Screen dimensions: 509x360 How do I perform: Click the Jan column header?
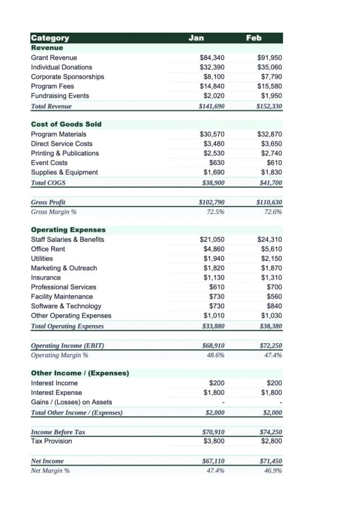pyautogui.click(x=196, y=38)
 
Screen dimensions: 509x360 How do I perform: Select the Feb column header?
pyautogui.click(x=254, y=38)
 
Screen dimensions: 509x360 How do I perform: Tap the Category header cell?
pyautogui.click(x=51, y=38)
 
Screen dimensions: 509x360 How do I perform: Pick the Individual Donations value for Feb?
pyautogui.click(x=269, y=67)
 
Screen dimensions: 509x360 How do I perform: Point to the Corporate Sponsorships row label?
pyautogui.click(x=67, y=76)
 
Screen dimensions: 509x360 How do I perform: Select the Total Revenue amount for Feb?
pyautogui.click(x=269, y=106)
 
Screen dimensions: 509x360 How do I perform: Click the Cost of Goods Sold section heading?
pyautogui.click(x=66, y=124)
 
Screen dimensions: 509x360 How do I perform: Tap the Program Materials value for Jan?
pyautogui.click(x=212, y=134)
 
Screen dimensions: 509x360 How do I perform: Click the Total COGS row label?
pyautogui.click(x=48, y=182)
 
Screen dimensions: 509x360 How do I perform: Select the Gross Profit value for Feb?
pyautogui.click(x=269, y=202)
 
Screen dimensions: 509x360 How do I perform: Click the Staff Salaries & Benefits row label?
pyautogui.click(x=67, y=239)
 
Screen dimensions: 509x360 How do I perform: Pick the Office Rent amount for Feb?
pyautogui.click(x=272, y=249)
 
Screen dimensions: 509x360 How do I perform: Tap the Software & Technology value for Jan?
pyautogui.click(x=217, y=306)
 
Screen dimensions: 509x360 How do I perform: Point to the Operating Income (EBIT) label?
pyautogui.click(x=67, y=345)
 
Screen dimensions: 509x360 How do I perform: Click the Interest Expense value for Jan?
pyautogui.click(x=214, y=393)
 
